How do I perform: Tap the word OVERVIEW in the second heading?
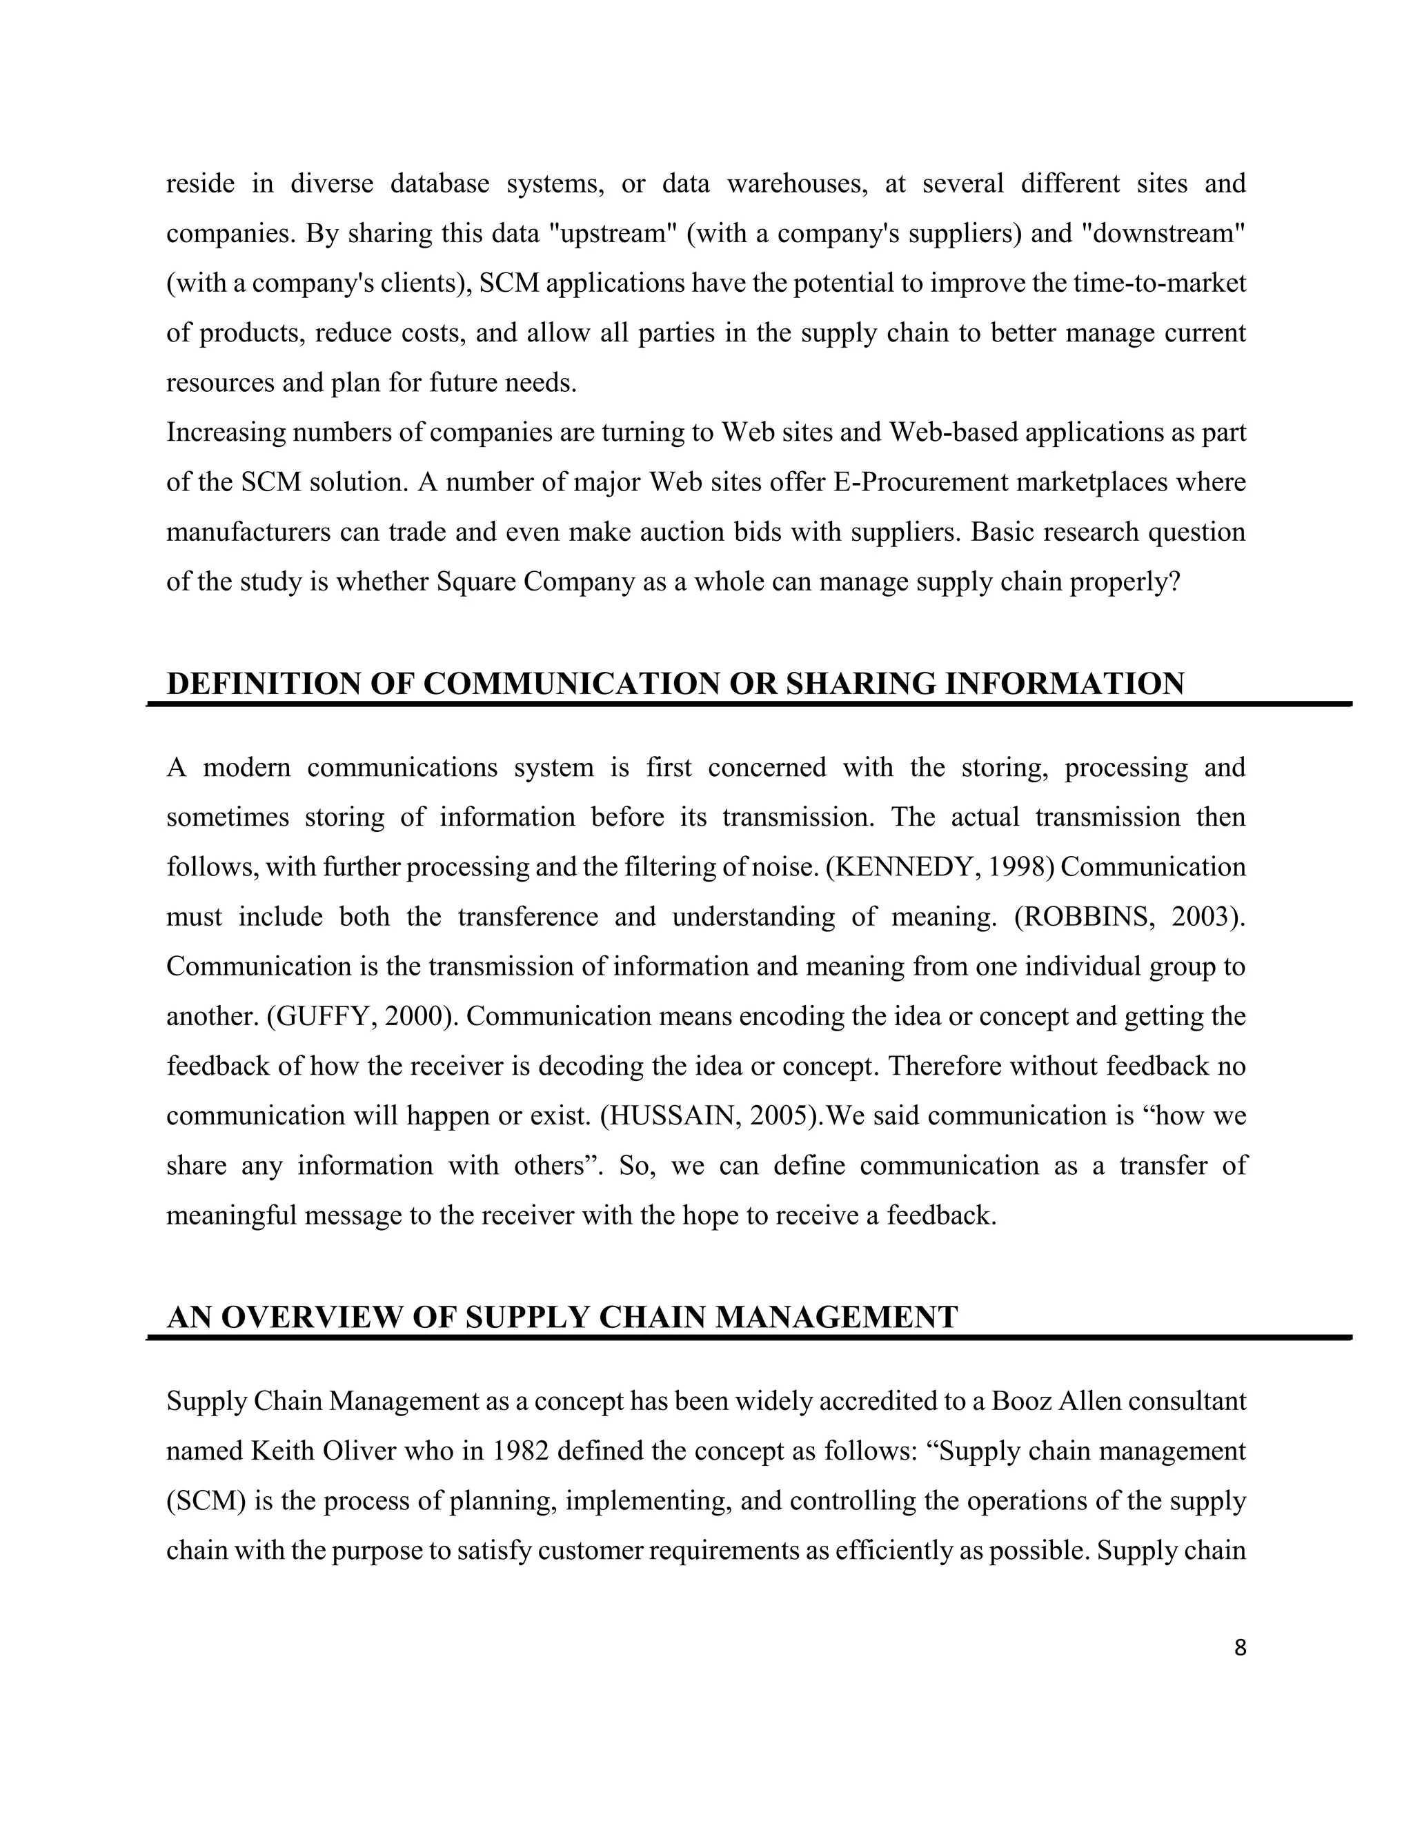(313, 1318)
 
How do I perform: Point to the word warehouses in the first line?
(798, 184)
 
